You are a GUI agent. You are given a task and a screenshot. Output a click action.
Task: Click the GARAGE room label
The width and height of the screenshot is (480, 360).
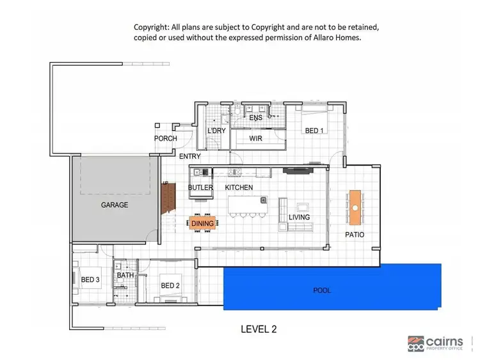tap(115, 205)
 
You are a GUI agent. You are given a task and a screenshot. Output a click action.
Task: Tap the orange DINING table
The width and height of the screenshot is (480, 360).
tap(203, 223)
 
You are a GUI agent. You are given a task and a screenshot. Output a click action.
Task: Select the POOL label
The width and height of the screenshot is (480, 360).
tap(322, 290)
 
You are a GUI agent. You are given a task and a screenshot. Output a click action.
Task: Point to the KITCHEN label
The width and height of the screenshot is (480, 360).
tap(239, 187)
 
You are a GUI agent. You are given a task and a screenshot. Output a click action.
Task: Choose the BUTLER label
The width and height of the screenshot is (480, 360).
tap(200, 187)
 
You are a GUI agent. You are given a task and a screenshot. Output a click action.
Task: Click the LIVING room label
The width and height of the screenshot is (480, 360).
tap(299, 217)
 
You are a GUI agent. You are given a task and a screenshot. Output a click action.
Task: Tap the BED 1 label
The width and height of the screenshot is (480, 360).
tap(314, 131)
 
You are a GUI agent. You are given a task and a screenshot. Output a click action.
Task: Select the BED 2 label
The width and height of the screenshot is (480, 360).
tap(170, 285)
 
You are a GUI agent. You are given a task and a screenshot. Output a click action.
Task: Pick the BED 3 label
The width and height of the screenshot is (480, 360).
tap(90, 279)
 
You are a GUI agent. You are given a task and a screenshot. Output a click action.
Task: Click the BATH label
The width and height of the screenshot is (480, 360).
tap(125, 276)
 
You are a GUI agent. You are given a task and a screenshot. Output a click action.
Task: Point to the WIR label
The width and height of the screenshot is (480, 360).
tap(255, 137)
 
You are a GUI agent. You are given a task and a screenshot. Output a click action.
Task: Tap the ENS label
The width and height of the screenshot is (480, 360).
tap(255, 118)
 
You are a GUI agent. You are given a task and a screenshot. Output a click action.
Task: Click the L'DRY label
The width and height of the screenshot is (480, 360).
tap(215, 131)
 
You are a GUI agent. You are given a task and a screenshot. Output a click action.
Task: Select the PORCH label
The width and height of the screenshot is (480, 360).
tap(166, 139)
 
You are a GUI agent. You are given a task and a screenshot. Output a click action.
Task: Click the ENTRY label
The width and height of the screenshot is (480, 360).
tap(190, 157)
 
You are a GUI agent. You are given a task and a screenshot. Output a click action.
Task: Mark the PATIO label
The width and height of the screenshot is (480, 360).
tap(355, 235)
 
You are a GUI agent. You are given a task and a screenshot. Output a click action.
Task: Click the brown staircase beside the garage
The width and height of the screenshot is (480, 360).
tap(167, 198)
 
